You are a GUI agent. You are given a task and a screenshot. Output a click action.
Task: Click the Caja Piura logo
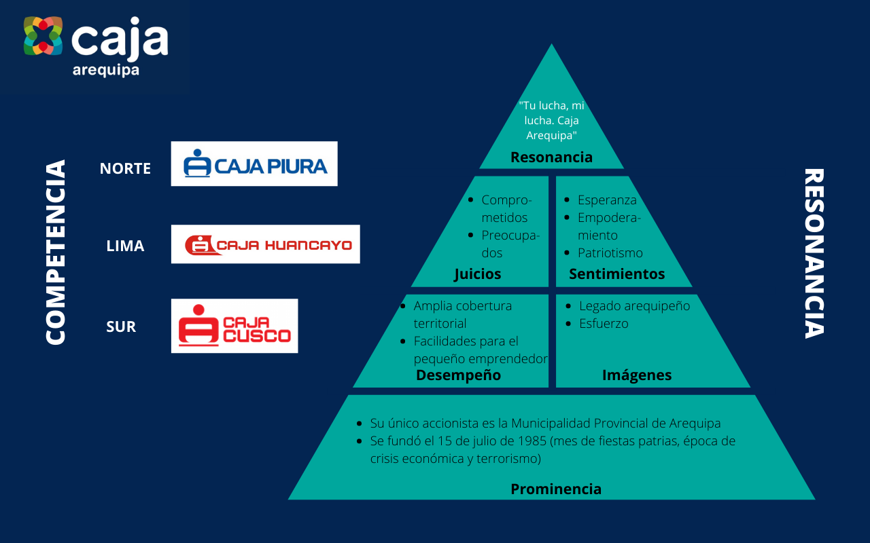point(254,164)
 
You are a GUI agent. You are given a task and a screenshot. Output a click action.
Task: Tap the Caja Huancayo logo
point(265,244)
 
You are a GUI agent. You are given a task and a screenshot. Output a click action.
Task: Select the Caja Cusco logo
point(234,326)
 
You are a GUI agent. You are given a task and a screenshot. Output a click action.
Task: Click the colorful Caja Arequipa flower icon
point(43,36)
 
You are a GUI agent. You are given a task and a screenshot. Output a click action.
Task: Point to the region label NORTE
point(125,168)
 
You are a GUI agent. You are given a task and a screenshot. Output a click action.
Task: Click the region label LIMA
point(125,246)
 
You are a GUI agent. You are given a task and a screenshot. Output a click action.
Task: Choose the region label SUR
point(121,326)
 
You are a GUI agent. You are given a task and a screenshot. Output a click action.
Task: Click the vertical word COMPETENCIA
point(56,252)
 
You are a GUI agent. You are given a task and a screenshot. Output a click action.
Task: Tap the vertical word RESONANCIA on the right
point(814,252)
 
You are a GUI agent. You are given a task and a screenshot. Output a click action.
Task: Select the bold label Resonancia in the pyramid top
point(551,157)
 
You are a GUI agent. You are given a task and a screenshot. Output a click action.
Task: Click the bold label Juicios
point(477,274)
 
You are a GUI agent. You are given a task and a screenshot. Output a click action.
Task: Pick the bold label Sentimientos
point(616,274)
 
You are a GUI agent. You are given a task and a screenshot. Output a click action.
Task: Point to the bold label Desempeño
point(458,375)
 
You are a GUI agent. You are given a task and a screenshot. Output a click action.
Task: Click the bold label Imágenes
point(637,375)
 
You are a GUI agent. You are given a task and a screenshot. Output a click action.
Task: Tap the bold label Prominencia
point(556,489)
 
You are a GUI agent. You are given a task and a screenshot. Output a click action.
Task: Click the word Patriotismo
point(610,253)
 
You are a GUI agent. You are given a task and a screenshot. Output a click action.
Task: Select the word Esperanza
point(607,200)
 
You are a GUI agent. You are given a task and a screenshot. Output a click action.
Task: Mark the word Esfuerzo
point(604,324)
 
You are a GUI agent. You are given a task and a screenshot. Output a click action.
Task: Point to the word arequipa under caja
point(106,71)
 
